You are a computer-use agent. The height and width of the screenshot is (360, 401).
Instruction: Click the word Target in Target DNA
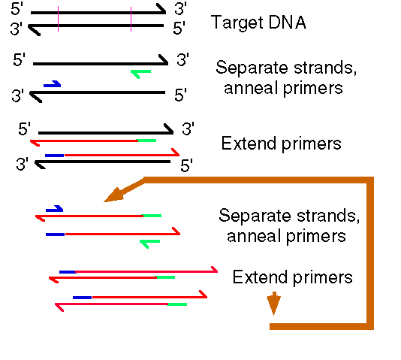237,23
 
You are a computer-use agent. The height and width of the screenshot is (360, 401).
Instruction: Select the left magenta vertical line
59,19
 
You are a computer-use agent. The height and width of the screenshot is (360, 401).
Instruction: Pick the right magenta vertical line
131,20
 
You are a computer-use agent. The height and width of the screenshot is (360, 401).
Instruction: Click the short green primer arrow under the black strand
141,73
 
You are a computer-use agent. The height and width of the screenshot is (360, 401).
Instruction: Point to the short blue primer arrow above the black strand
52,84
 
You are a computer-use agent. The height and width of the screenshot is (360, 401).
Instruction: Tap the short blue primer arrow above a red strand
55,209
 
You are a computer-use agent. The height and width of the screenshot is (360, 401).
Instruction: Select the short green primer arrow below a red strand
150,244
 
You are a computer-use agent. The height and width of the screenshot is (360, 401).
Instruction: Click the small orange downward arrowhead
273,304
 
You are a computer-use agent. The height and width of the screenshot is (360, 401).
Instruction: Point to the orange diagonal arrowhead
114,195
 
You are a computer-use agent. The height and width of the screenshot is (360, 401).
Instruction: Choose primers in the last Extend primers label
323,278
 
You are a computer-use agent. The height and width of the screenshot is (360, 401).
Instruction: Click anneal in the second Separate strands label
255,236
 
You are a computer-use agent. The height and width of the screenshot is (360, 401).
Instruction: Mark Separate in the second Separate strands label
255,216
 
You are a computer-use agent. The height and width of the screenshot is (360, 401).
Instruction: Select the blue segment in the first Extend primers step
55,156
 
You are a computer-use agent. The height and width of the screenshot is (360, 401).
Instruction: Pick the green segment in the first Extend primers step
146,141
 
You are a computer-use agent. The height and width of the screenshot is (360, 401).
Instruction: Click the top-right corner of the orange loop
370,180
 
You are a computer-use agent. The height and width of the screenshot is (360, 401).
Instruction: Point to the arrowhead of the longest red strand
214,269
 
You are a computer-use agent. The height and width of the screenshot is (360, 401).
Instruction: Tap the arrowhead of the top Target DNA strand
162,9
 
